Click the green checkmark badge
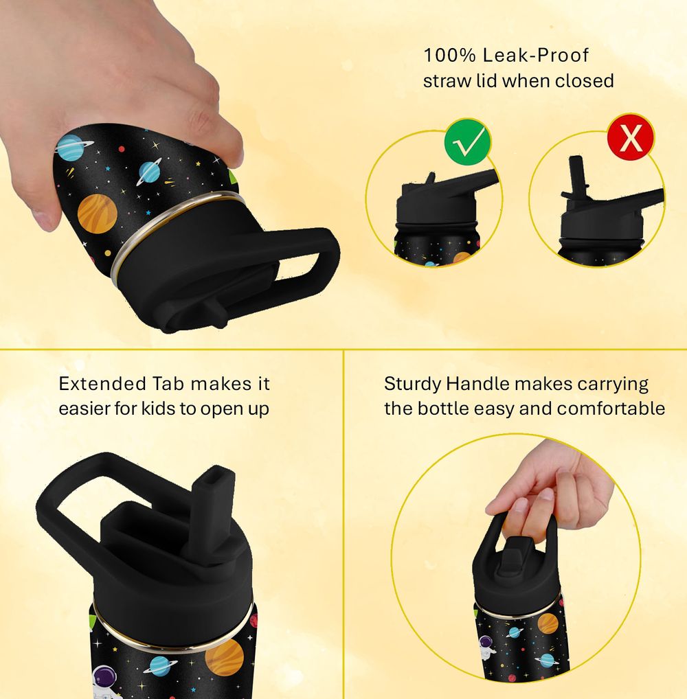(467, 141)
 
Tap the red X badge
(631, 136)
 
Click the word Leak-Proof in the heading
(535, 56)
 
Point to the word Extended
(102, 384)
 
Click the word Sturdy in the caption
(413, 385)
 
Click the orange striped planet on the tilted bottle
(98, 214)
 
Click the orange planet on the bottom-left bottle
(225, 658)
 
